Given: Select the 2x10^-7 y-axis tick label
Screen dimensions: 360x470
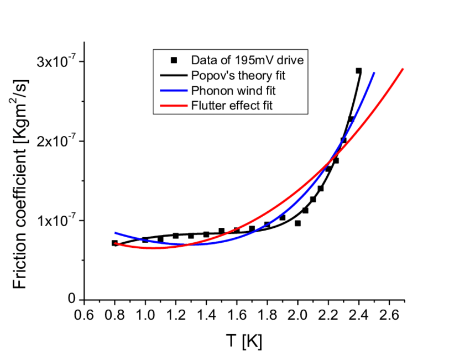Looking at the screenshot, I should coord(56,141).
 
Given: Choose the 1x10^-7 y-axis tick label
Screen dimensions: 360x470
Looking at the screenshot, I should coord(56,221).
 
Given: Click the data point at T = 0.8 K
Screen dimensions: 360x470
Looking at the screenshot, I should coord(114,243).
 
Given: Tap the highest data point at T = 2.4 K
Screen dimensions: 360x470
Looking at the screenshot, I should coord(358,71).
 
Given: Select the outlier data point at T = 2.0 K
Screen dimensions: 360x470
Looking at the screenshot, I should coord(297,223).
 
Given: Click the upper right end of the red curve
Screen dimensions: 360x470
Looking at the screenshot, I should coord(403,69).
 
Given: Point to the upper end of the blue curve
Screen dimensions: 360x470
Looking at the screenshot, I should coord(374,72).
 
